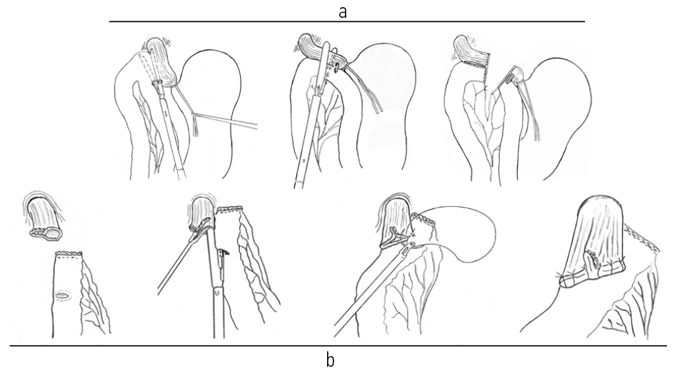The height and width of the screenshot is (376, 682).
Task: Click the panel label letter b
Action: click(331, 360)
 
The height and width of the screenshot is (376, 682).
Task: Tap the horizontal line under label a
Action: click(347, 21)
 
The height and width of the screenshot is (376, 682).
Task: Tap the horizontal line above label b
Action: click(338, 346)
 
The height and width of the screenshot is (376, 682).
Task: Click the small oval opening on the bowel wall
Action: click(63, 296)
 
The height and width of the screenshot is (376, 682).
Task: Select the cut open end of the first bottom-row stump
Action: click(46, 233)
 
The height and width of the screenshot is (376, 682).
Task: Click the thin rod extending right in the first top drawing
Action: click(226, 121)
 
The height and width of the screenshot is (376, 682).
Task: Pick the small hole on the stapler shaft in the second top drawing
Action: click(304, 160)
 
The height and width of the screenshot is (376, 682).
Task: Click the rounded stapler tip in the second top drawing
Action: click(325, 46)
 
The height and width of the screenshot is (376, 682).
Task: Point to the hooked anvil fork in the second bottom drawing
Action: click(224, 254)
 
